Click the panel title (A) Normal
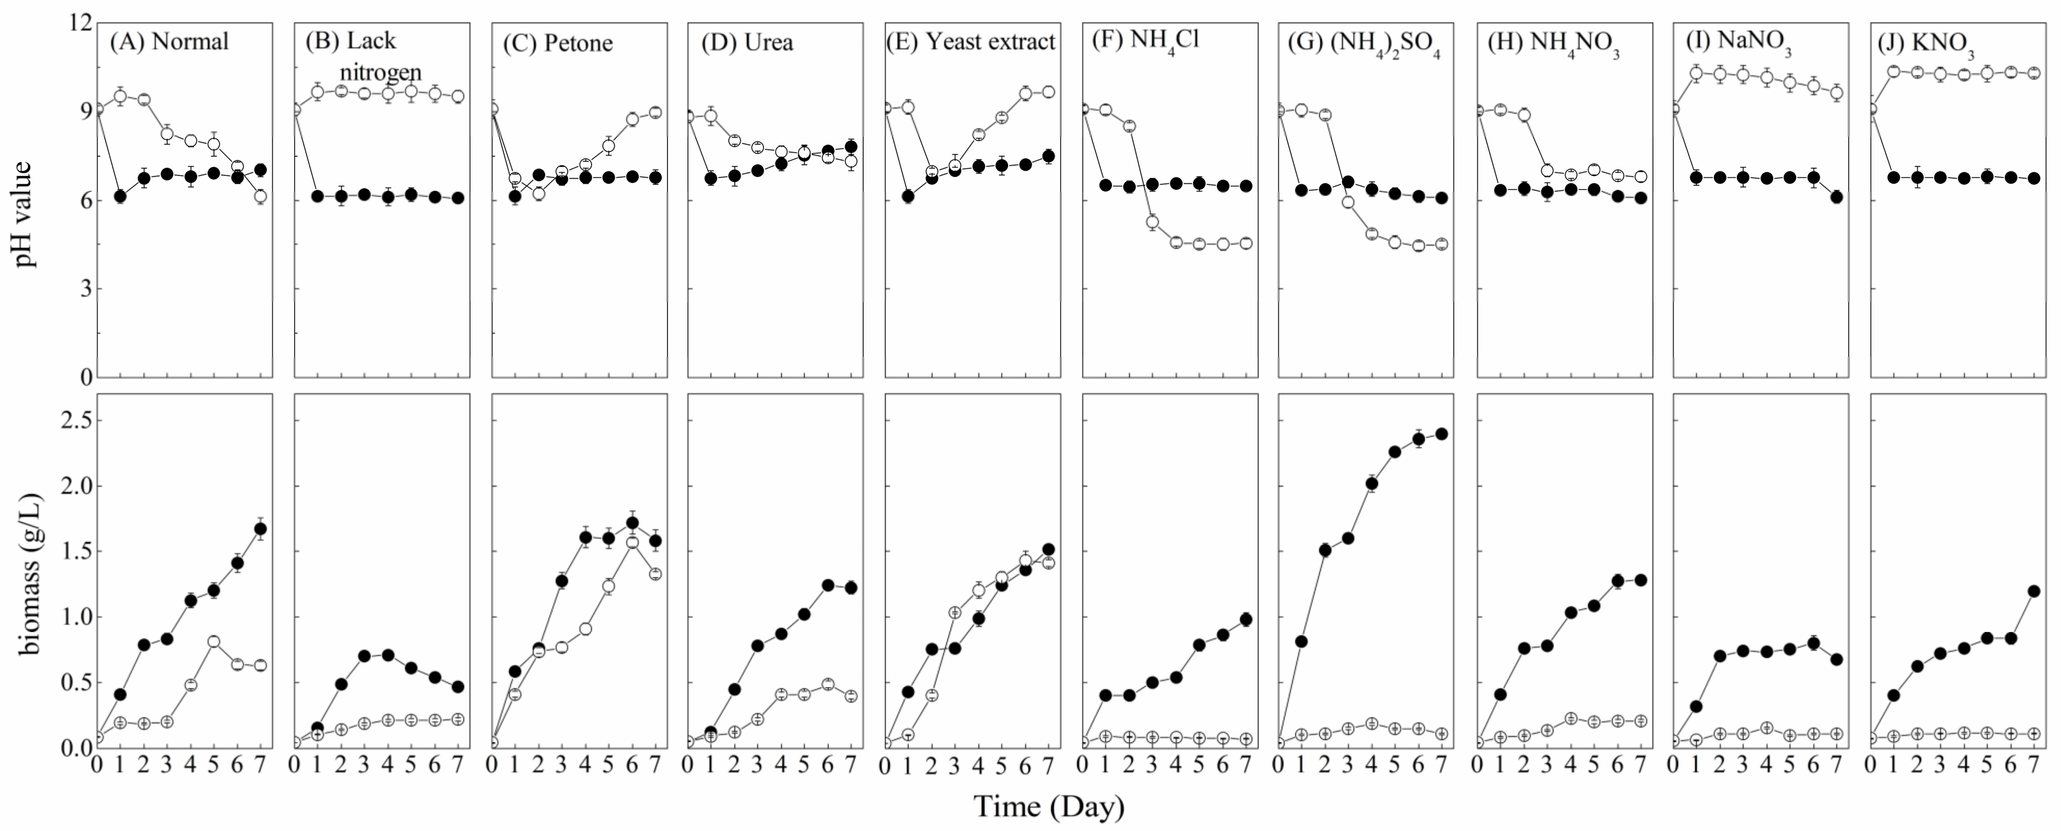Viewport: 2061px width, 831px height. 169,42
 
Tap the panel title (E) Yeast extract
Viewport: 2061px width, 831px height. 970,42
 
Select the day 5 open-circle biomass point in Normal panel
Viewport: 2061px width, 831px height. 213,641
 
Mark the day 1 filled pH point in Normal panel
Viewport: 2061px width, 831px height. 120,196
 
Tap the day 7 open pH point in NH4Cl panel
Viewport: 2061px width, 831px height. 1246,243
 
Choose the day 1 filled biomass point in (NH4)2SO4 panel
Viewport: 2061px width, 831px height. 1302,641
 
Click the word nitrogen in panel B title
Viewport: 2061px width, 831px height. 380,72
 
